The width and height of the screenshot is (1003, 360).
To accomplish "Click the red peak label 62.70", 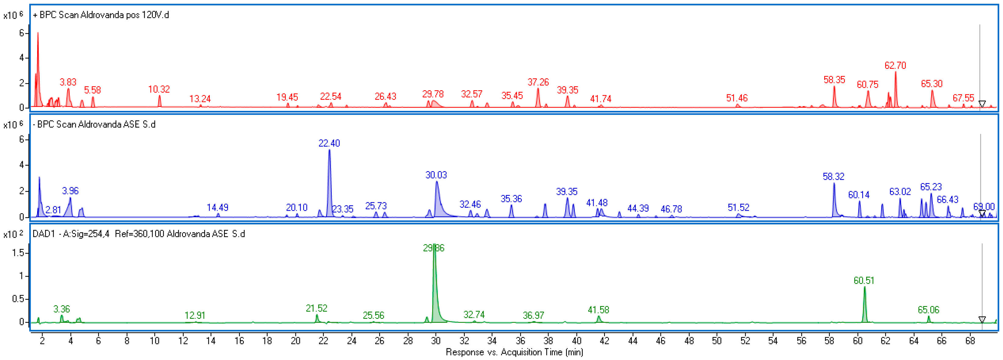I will (895, 65).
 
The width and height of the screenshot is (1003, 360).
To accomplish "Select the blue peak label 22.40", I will (329, 143).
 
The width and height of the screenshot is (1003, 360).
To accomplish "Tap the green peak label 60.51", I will (864, 280).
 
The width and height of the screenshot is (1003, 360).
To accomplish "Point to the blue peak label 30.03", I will (436, 175).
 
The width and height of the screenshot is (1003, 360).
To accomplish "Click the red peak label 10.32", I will (159, 90).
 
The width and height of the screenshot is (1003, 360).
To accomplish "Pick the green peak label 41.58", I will (598, 310).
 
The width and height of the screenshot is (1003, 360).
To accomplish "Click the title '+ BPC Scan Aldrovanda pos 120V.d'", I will (101, 15).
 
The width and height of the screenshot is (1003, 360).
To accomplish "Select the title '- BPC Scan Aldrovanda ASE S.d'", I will (94, 124).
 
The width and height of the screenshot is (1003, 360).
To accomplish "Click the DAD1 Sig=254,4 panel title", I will (139, 234).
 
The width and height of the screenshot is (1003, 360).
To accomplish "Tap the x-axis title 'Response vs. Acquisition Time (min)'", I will (514, 352).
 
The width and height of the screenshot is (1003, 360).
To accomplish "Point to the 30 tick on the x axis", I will (436, 341).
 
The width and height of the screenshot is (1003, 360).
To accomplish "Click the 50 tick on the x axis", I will (717, 341).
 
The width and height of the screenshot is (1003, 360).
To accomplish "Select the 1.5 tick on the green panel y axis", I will (18, 253).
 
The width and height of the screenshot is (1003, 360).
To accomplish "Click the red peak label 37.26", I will (538, 82).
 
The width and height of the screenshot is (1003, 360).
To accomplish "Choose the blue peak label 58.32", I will (833, 177).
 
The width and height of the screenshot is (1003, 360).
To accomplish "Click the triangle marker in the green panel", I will (982, 319).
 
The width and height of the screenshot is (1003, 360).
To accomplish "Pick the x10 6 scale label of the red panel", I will (13, 15).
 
